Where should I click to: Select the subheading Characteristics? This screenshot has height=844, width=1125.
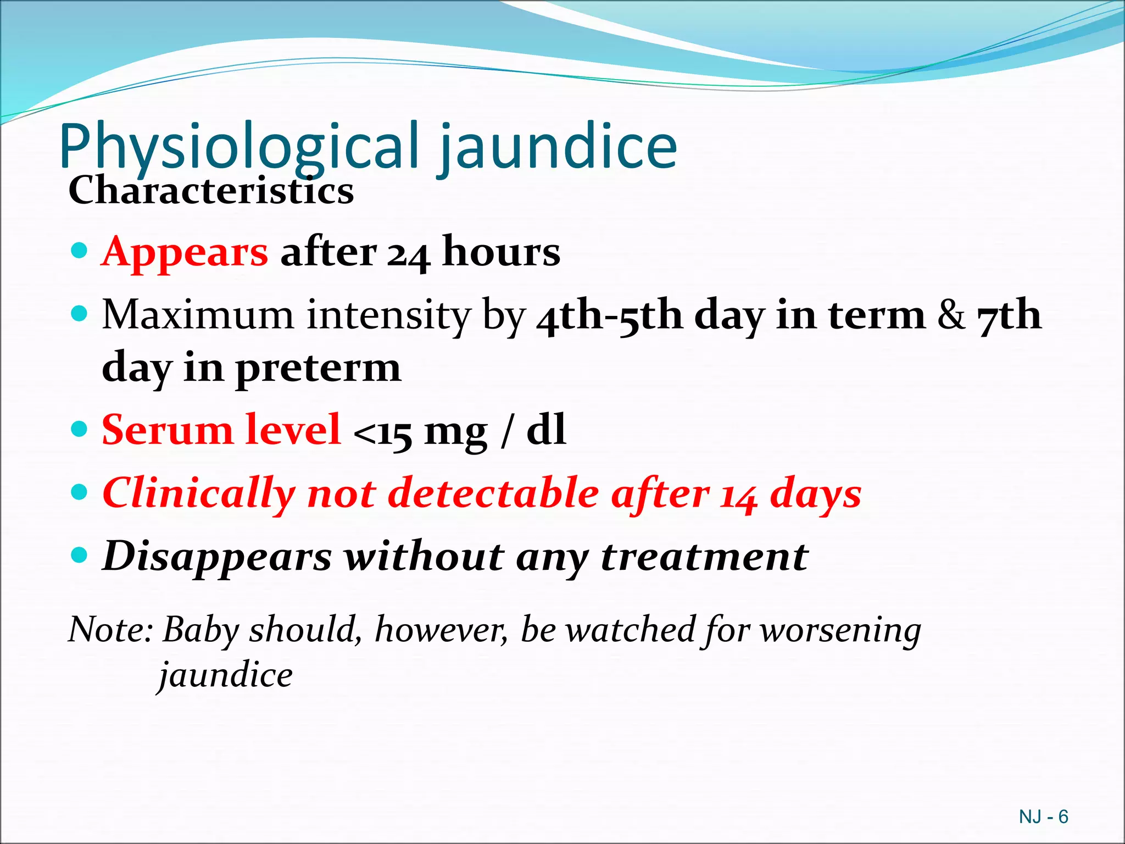(211, 191)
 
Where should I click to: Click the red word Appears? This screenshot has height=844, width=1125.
(185, 252)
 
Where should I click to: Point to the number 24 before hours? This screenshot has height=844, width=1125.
(408, 254)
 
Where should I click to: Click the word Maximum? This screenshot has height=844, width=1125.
(198, 315)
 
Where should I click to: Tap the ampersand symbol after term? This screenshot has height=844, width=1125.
(951, 315)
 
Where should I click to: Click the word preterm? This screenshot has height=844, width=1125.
(318, 369)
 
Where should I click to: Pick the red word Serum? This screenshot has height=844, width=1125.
(168, 430)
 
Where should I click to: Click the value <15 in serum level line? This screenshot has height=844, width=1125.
(382, 433)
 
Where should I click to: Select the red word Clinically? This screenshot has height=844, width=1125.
(198, 494)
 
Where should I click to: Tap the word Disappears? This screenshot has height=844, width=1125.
(218, 557)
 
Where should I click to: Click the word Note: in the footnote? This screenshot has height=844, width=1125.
(110, 629)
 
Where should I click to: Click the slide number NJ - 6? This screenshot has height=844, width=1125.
(1043, 817)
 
